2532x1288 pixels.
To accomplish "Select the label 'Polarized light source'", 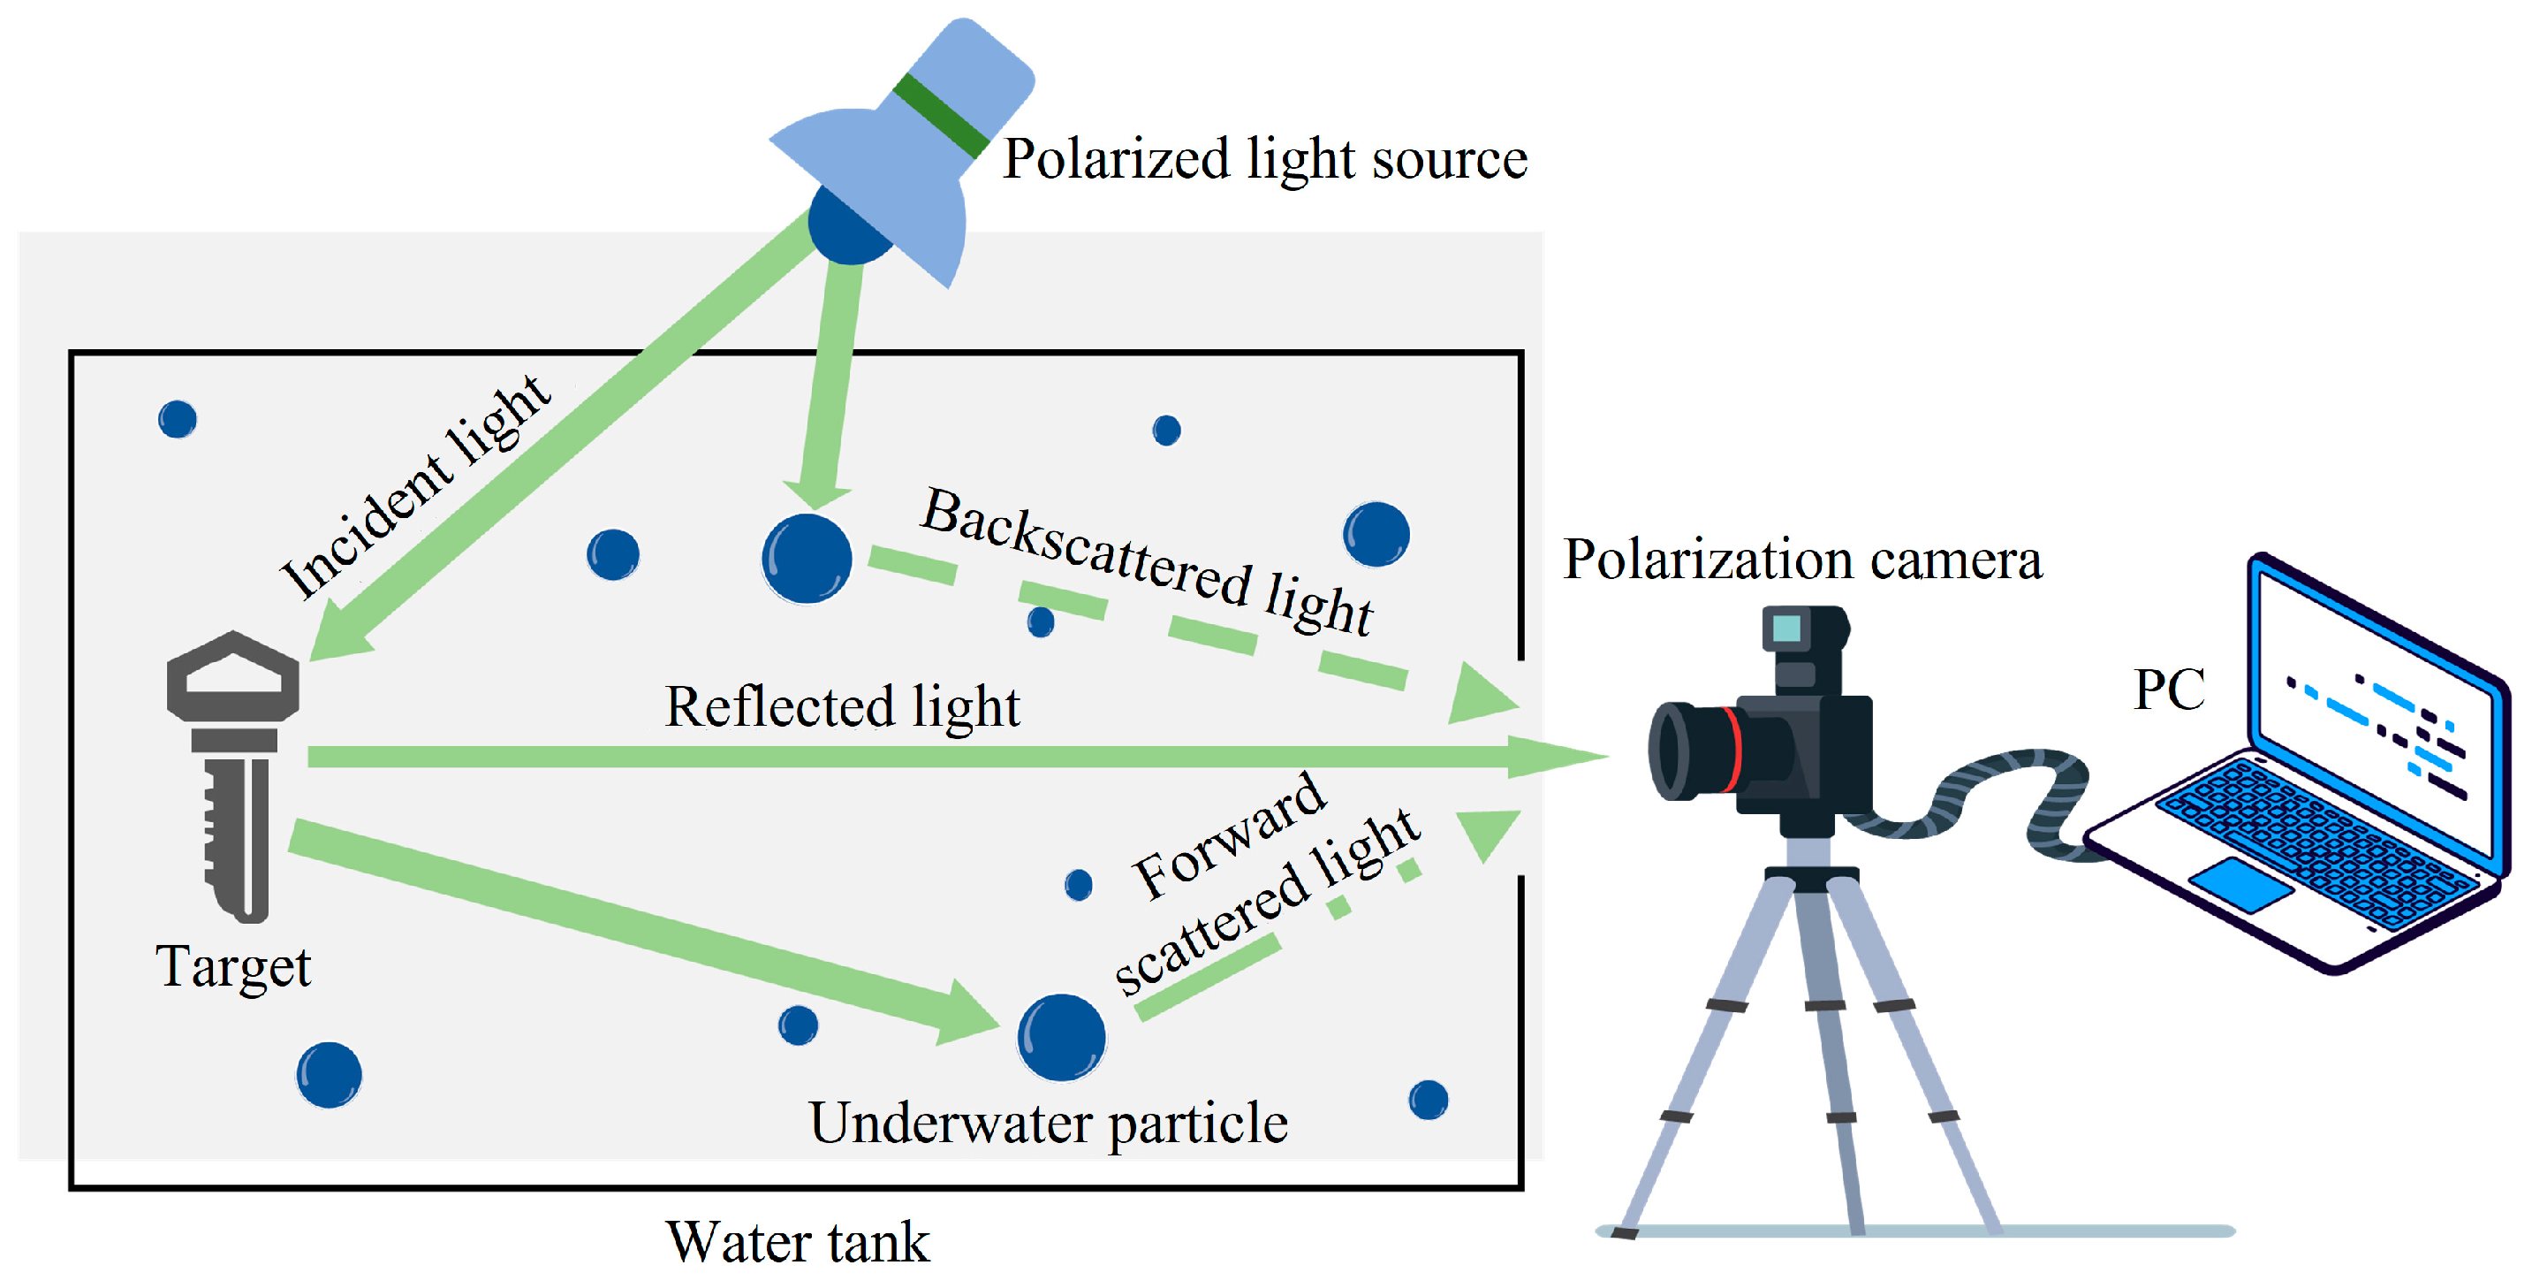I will (x=1264, y=159).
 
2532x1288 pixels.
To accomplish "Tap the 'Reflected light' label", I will (x=842, y=707).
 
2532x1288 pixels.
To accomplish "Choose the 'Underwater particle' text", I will (x=1048, y=1123).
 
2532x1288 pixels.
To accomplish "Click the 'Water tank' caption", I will (x=797, y=1242).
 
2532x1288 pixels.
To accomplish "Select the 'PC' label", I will (x=2168, y=690).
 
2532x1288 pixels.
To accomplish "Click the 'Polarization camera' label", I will (x=1801, y=560).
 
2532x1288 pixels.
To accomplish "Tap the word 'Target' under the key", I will (x=233, y=966).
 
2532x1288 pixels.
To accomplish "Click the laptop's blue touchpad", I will (x=2240, y=884).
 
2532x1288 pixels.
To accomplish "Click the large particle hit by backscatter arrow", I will (x=807, y=559).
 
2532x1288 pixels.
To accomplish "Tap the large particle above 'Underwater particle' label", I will (x=1060, y=1037).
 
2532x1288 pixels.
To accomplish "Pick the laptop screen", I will (x=2374, y=713).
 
